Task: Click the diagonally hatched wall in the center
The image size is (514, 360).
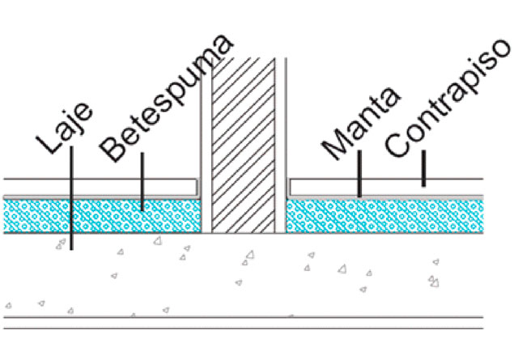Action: coord(243,146)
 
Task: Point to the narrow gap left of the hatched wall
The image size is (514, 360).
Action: coord(205,146)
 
